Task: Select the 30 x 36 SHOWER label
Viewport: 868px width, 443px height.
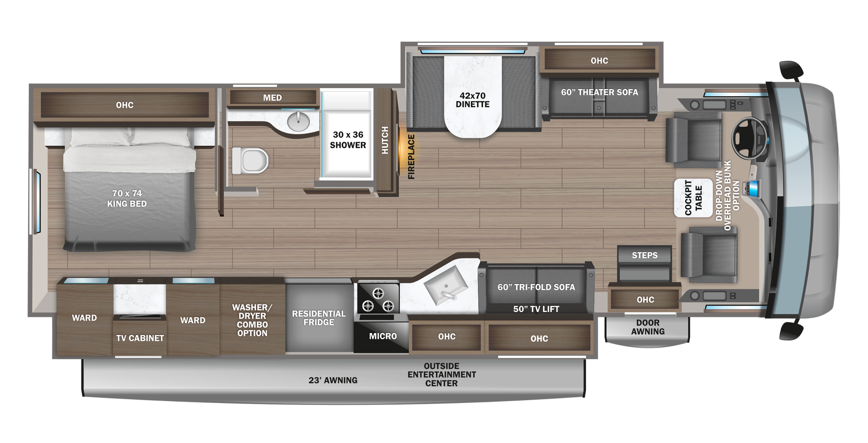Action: click(348, 140)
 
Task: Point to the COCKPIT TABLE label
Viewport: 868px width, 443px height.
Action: click(693, 198)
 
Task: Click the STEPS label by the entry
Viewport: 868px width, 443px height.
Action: click(644, 255)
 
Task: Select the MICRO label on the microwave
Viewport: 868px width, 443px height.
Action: click(383, 336)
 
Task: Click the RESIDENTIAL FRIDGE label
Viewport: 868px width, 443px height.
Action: click(319, 318)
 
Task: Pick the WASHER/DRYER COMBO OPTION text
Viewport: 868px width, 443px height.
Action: click(252, 320)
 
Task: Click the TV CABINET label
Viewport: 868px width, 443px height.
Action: click(140, 338)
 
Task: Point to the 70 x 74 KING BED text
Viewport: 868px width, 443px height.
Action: click(127, 198)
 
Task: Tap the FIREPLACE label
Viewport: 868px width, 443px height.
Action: click(411, 157)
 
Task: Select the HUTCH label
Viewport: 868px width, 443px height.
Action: click(385, 140)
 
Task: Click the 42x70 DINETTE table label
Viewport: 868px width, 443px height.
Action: click(473, 100)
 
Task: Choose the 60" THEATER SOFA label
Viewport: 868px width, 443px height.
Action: click(599, 92)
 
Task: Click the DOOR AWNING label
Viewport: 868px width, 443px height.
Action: click(648, 327)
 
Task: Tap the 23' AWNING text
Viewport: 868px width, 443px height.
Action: click(333, 380)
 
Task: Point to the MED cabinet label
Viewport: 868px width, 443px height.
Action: click(272, 98)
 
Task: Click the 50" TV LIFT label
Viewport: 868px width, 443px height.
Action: click(536, 309)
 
